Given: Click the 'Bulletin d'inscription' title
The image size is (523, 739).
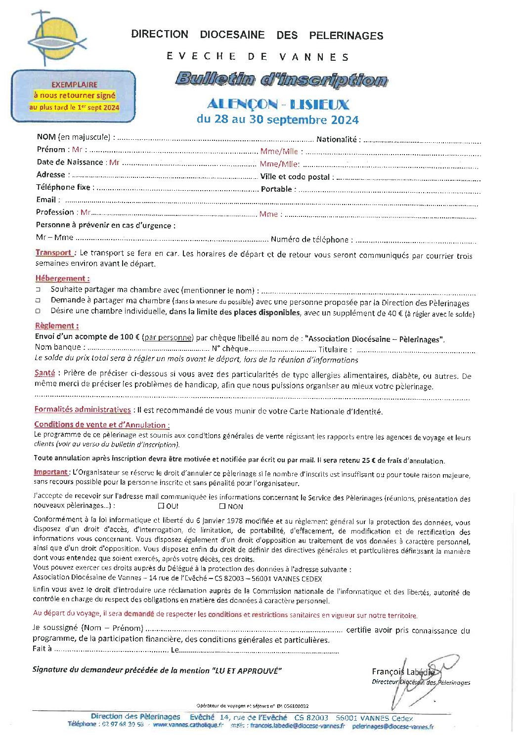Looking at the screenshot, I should [x=281, y=79].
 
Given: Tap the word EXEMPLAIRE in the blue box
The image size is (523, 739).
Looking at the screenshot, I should [x=74, y=84].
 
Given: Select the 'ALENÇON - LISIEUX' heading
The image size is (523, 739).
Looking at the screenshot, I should [x=278, y=104].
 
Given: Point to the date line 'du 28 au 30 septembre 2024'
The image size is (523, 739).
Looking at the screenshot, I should [x=277, y=120].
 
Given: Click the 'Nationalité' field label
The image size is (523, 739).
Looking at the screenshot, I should [x=338, y=139].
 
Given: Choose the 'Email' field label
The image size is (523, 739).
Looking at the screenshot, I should [x=46, y=200].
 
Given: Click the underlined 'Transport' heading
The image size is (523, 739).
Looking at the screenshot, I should [x=54, y=252].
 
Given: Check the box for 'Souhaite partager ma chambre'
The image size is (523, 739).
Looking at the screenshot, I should [x=38, y=289].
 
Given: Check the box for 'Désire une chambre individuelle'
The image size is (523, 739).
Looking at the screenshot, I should [x=38, y=311].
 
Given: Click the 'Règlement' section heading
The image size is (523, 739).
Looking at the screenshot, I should [x=56, y=326].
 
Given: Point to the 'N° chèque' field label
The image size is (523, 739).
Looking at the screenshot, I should [x=230, y=349].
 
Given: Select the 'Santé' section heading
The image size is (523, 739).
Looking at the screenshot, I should [x=44, y=373].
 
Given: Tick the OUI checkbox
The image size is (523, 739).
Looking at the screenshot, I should [x=161, y=506].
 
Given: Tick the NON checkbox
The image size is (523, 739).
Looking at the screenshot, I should [x=222, y=506].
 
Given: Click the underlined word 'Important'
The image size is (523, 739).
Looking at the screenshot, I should [x=51, y=472].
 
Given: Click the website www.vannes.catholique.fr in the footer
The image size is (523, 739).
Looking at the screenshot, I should [x=188, y=725].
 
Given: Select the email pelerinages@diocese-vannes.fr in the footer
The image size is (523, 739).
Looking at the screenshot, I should [x=393, y=726].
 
